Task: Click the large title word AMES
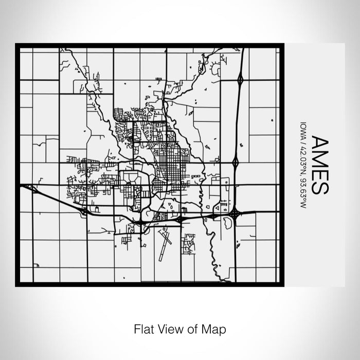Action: [318, 165]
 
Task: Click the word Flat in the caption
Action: [142, 328]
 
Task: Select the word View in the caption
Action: [168, 328]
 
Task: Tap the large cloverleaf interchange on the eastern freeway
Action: [234, 212]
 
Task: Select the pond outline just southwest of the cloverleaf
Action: [226, 223]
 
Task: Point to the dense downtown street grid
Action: [167, 164]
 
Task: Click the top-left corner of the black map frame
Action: [17, 45]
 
